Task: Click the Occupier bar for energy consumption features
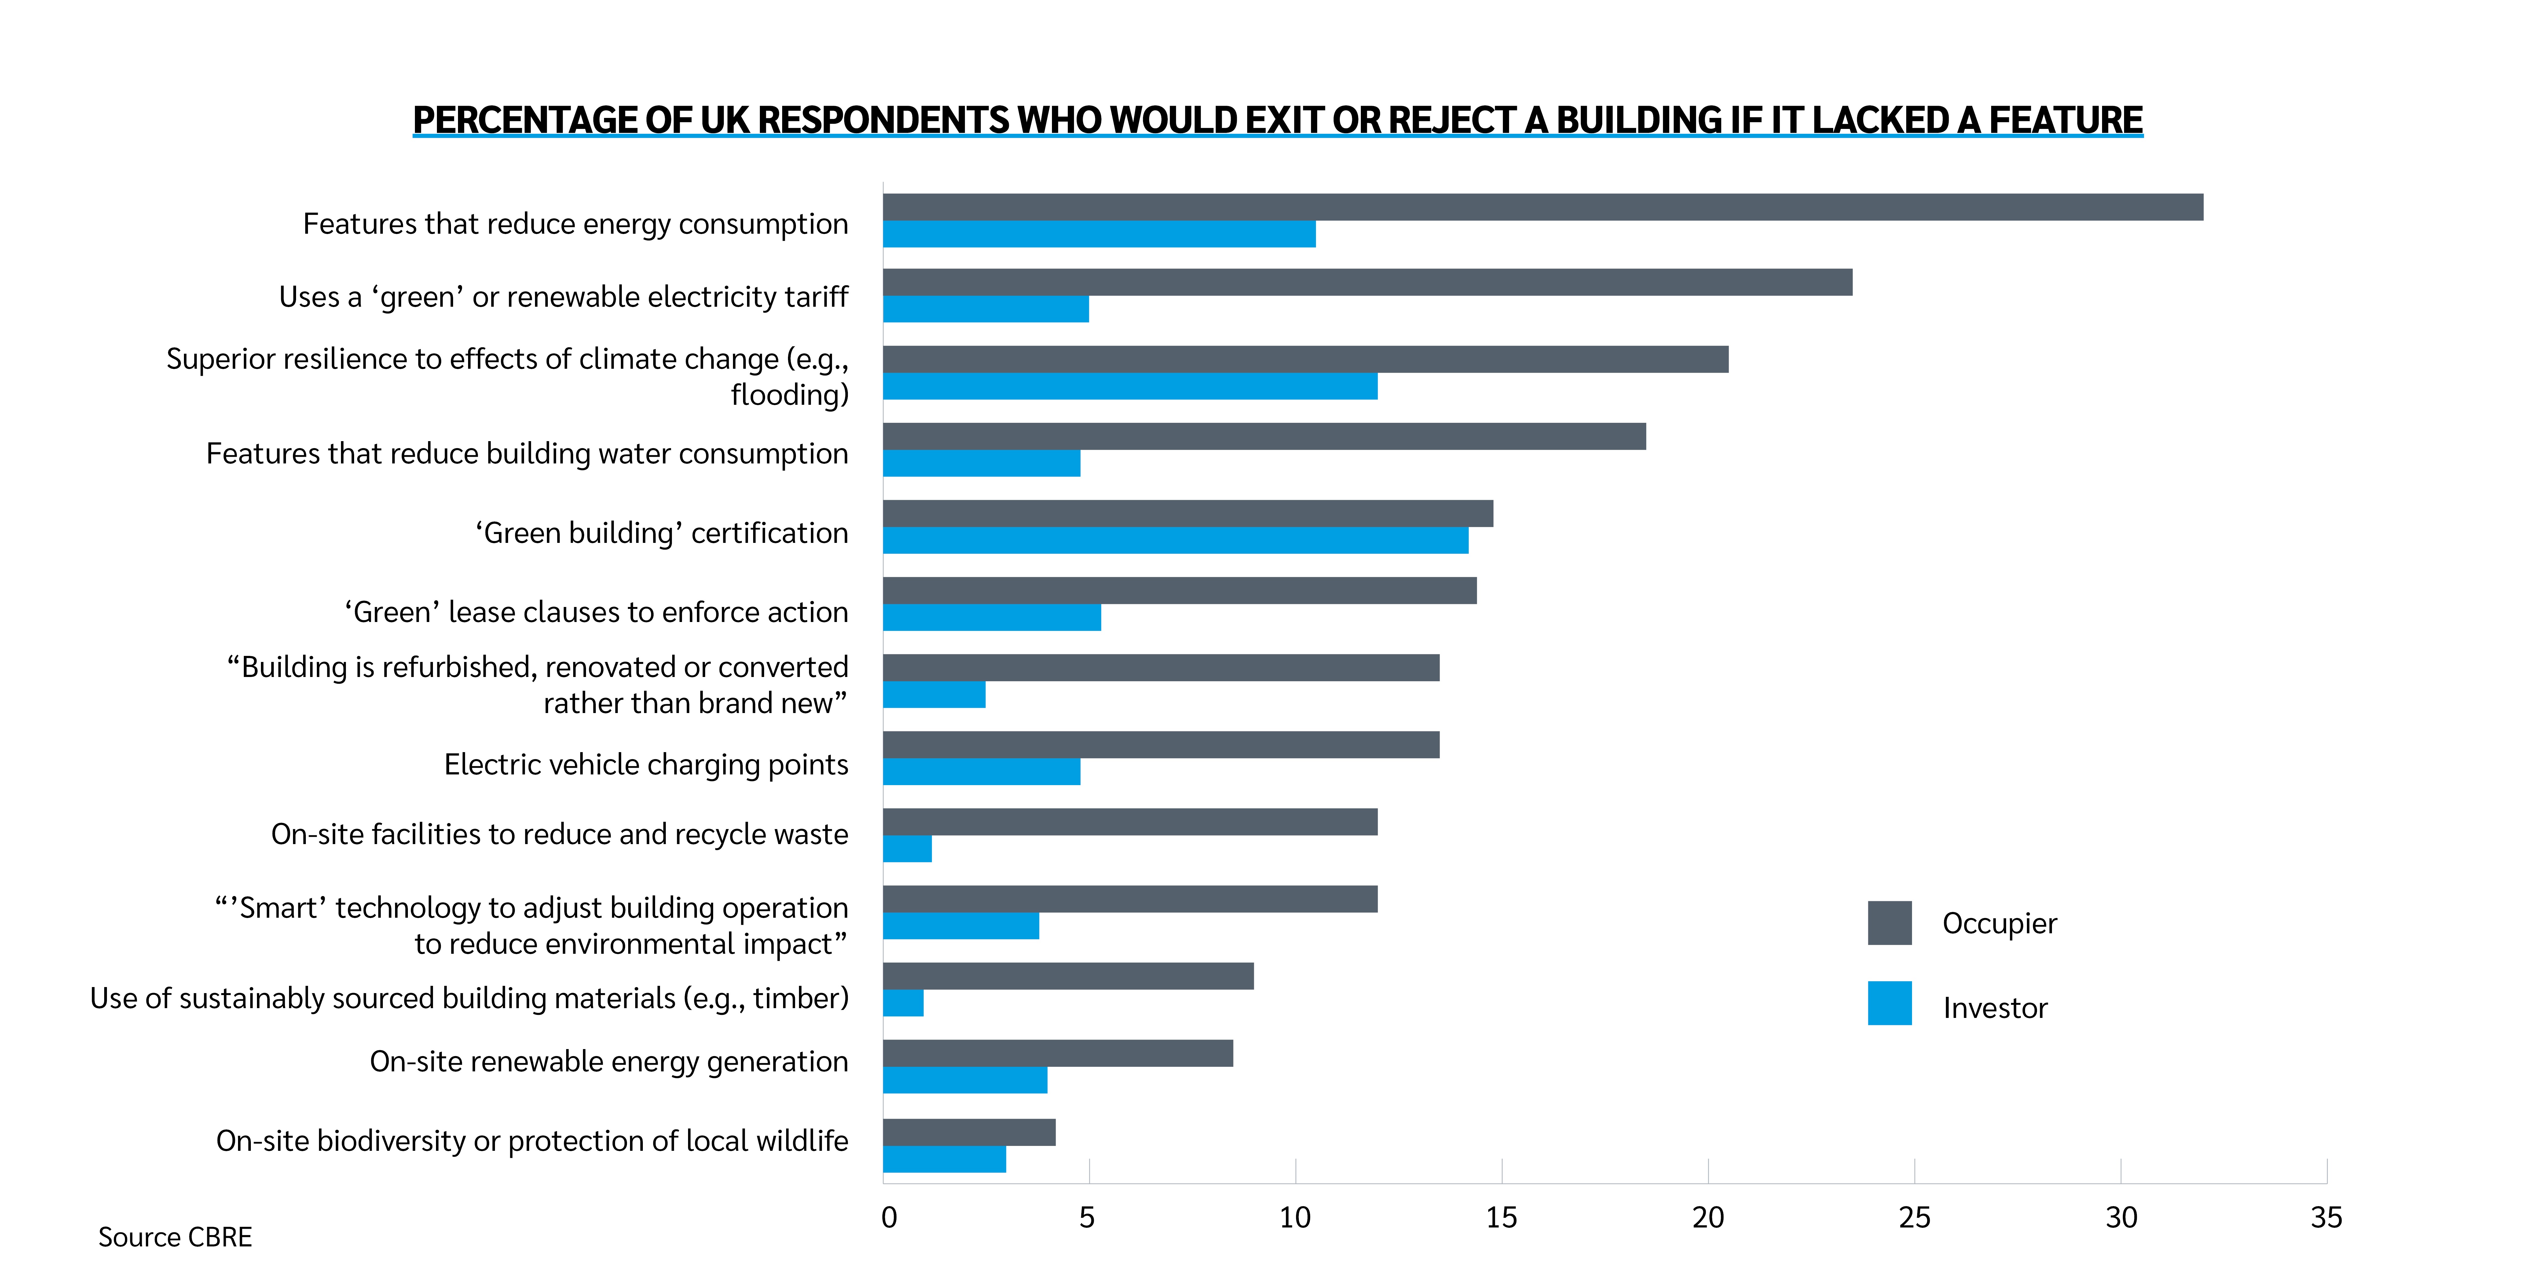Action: [1542, 207]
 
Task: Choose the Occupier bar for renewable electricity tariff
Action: [1367, 282]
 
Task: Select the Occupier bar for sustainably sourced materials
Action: [1068, 975]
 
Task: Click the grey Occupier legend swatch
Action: [1889, 922]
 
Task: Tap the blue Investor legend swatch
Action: [1889, 1003]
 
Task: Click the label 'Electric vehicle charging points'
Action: [645, 764]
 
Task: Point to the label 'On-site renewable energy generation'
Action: [609, 1060]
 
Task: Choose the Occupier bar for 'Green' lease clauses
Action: [1179, 590]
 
